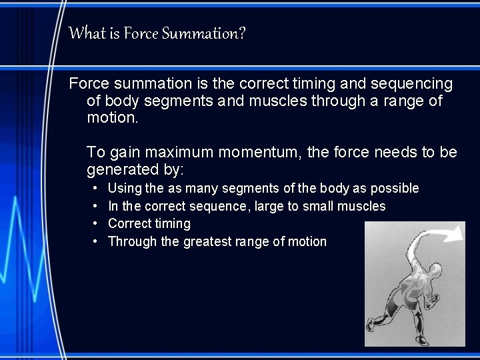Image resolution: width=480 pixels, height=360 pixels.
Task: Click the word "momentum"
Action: tap(254, 153)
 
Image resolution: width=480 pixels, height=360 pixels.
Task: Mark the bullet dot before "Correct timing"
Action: tap(96, 224)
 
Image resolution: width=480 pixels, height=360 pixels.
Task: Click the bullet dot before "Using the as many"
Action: tap(96, 189)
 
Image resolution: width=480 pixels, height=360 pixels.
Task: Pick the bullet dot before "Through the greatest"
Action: tap(96, 242)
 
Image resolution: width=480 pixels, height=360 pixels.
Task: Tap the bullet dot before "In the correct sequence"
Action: tap(96, 207)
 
